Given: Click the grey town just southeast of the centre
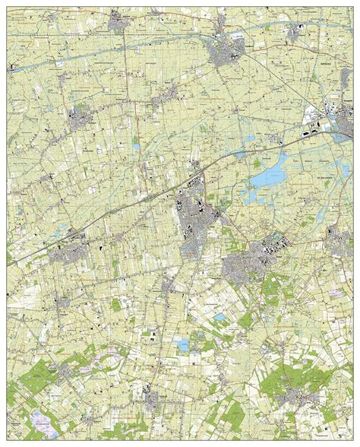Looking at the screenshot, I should click(x=242, y=266).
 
